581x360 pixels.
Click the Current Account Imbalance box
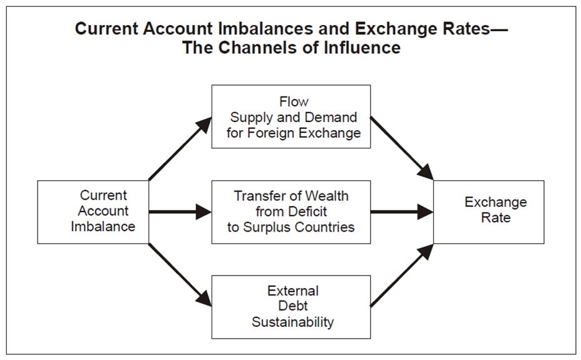(93, 212)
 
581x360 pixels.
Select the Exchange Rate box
(488, 212)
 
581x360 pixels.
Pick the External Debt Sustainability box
(291, 307)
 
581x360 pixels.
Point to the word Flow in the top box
(292, 101)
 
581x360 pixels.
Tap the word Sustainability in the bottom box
(292, 323)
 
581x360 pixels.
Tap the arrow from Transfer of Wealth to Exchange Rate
(401, 212)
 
